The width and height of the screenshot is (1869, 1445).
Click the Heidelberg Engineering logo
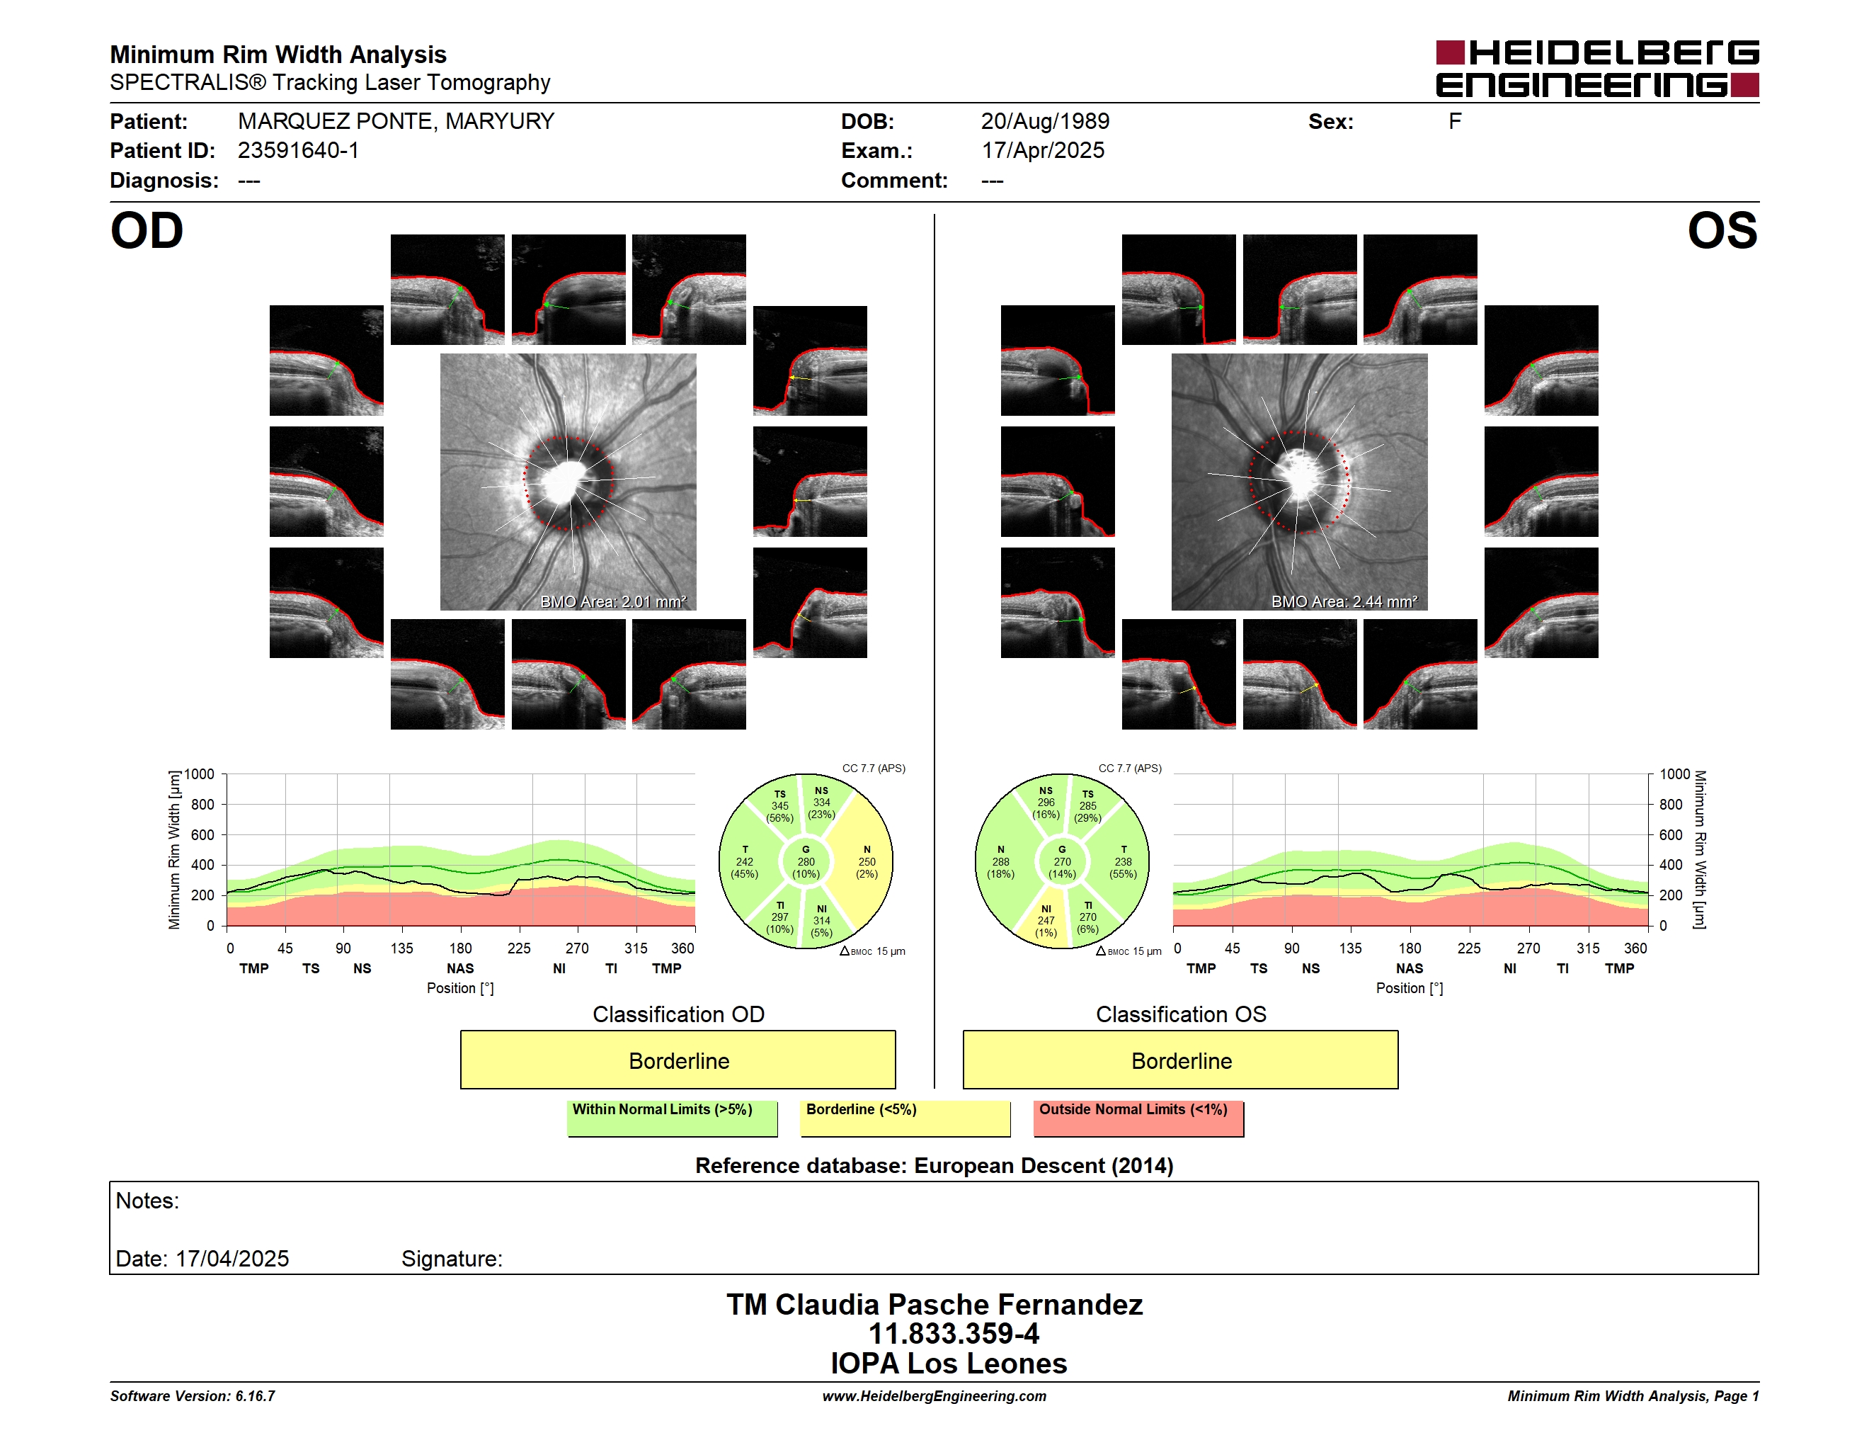[1597, 69]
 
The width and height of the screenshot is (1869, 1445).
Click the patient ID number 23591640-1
[299, 151]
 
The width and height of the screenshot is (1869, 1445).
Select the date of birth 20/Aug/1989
[1045, 122]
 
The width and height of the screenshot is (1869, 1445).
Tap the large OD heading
[147, 230]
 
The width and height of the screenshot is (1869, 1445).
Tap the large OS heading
[1722, 230]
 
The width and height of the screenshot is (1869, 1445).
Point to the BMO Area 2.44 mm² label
[1344, 602]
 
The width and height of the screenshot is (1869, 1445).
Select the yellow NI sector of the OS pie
[1044, 920]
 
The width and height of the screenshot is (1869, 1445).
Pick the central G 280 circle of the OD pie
[806, 863]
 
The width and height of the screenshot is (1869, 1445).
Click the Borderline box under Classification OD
[678, 1060]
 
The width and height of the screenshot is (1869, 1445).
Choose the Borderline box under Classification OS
[1181, 1060]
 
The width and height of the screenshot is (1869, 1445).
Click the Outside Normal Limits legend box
[1139, 1118]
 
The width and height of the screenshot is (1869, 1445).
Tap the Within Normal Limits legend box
[673, 1118]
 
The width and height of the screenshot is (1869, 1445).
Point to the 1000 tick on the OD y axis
[200, 774]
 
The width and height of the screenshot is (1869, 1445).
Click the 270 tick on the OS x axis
[1528, 948]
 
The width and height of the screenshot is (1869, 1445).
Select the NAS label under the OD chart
[460, 968]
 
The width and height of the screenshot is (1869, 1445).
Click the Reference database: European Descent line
[935, 1166]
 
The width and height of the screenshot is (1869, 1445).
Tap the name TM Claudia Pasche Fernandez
[935, 1305]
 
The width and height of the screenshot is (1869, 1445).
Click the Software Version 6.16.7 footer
[193, 1396]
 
